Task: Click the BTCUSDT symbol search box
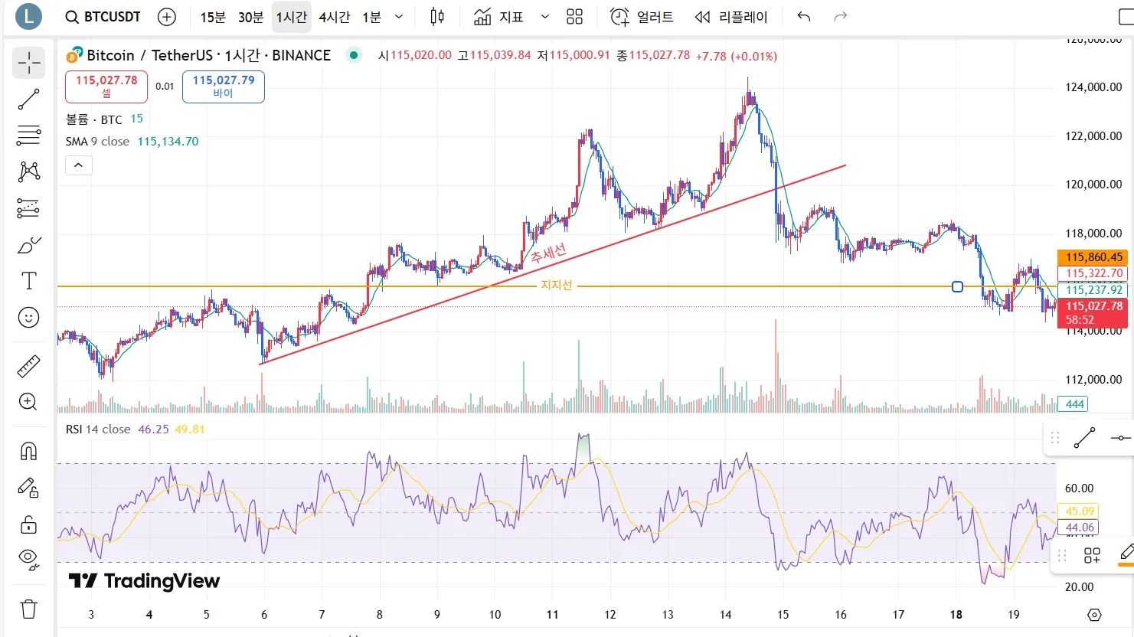point(103,17)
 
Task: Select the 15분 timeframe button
point(213,17)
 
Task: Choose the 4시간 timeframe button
point(335,17)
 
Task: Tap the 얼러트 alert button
point(642,17)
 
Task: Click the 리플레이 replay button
point(731,17)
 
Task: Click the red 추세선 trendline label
point(548,253)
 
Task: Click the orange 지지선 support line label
point(557,285)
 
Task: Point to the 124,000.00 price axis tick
point(1093,87)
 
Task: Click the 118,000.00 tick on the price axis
point(1093,234)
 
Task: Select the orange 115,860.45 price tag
point(1093,257)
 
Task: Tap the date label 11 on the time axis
point(553,614)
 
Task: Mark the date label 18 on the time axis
point(956,614)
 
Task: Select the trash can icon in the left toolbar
point(28,609)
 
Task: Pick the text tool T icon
point(28,281)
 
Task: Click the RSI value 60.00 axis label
point(1079,488)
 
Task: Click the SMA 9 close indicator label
point(97,142)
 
